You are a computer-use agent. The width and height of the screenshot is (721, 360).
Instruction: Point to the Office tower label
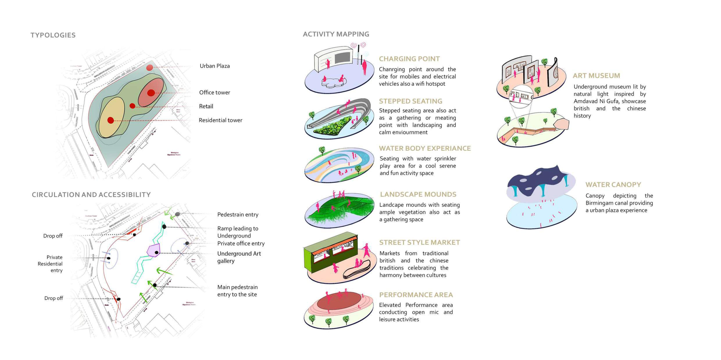214,93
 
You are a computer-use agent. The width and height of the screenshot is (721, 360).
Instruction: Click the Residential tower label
220,120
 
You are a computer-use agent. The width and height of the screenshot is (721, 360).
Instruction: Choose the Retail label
206,106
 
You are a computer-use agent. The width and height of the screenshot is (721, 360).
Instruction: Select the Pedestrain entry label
238,214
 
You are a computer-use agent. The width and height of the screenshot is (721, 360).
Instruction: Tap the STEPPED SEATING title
410,101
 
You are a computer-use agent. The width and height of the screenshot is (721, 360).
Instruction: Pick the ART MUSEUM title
596,76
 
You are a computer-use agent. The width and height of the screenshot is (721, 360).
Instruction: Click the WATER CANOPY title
613,185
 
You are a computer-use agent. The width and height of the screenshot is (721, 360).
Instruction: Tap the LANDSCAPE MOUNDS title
418,194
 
